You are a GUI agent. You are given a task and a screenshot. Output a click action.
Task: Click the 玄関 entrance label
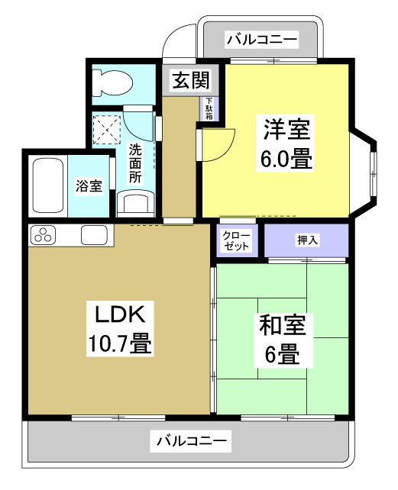tap(183, 80)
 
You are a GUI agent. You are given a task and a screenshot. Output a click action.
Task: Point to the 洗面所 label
tap(135, 163)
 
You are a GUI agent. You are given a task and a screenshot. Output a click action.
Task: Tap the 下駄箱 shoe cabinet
tap(208, 107)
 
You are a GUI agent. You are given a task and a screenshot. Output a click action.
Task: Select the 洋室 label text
tap(287, 129)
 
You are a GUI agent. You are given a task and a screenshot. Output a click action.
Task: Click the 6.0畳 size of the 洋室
tap(287, 160)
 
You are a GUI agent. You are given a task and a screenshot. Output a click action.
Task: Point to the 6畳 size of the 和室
tap(283, 355)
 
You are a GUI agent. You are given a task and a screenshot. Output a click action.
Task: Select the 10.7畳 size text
tap(118, 343)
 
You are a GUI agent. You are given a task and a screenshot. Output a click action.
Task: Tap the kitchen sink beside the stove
tap(94, 236)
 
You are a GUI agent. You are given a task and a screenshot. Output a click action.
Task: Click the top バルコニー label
tap(261, 38)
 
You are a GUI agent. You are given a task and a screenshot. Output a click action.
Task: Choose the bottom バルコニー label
tap(193, 440)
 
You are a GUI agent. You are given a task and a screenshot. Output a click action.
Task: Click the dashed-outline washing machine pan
tap(107, 127)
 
